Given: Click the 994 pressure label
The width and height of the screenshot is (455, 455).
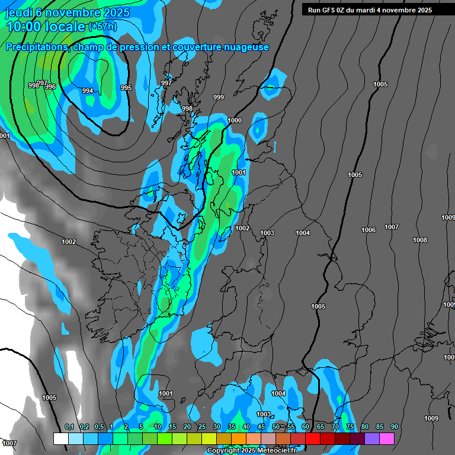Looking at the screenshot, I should (x=88, y=91).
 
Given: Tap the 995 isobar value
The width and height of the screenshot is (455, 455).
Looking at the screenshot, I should (x=126, y=88).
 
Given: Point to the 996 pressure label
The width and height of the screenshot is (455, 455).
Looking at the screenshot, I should (x=50, y=86).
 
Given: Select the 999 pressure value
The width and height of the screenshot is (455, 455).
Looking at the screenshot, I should (x=219, y=97).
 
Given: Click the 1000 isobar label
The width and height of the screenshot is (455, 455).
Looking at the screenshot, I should (x=235, y=120).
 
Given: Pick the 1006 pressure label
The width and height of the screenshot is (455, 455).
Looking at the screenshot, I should (x=369, y=230).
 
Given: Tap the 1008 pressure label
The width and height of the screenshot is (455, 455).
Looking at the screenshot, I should (x=420, y=240).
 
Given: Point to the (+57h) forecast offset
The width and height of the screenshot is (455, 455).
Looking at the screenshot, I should (x=102, y=27).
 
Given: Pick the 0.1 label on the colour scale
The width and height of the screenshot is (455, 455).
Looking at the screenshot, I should (x=69, y=427).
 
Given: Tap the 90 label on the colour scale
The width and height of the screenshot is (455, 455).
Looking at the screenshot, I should (x=394, y=427).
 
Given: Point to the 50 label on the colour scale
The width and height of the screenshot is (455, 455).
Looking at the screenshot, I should (x=276, y=427).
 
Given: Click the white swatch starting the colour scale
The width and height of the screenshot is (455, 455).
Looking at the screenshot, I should (x=60, y=438).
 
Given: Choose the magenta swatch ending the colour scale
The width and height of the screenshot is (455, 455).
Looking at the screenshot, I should (x=387, y=438).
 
